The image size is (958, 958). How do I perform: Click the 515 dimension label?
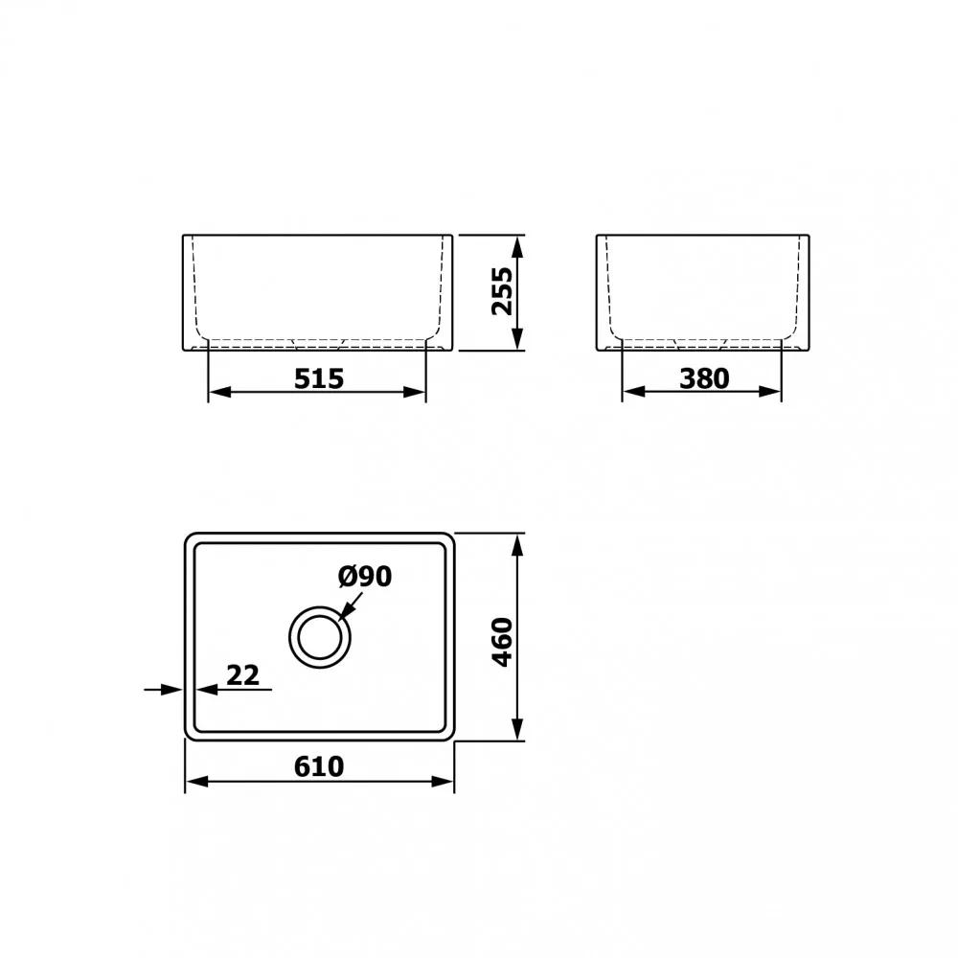point(319,378)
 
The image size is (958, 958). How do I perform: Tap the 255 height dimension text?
point(503,291)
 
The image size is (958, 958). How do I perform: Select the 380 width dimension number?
point(704,378)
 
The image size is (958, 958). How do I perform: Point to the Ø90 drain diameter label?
point(365,576)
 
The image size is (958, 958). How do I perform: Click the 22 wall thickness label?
point(242,675)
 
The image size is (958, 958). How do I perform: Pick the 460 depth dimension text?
point(502,642)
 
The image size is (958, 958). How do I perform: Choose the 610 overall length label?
point(319,766)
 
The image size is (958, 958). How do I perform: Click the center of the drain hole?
point(320,637)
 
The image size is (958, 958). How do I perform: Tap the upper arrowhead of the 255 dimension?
point(517,246)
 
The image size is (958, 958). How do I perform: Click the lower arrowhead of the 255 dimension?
point(517,339)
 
